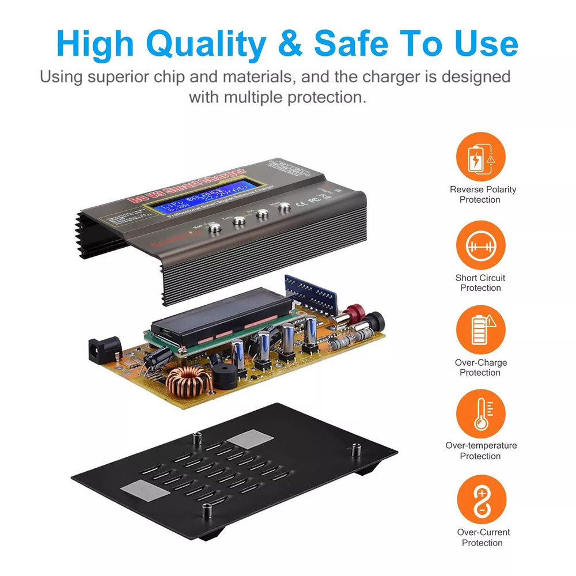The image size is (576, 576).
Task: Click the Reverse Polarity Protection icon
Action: (x=480, y=157)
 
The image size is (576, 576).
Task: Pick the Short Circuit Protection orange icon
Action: (x=480, y=245)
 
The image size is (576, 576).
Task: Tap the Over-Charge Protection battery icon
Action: (x=480, y=329)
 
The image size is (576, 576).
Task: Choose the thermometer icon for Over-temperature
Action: (x=480, y=414)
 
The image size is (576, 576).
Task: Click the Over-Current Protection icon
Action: (x=482, y=499)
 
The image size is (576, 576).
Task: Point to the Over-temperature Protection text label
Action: (x=481, y=450)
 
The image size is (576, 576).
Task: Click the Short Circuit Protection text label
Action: (x=480, y=283)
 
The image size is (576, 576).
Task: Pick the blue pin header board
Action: (x=311, y=291)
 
